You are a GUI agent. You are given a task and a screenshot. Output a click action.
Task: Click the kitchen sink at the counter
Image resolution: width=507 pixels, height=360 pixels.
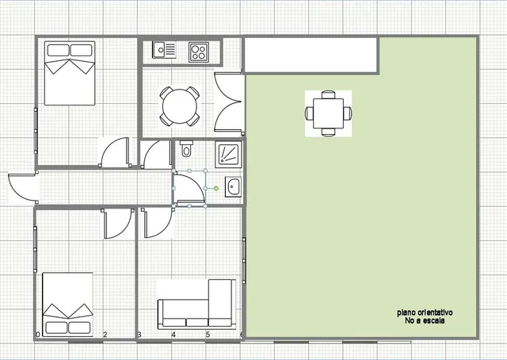coord(164,49)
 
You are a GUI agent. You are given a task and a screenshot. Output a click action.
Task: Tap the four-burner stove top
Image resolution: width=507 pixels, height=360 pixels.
coord(199,52)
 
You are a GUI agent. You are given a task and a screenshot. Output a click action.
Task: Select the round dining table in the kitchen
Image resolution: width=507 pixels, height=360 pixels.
coord(180,106)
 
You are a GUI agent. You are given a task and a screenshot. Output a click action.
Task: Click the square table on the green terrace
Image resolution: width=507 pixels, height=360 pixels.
coord(328,113)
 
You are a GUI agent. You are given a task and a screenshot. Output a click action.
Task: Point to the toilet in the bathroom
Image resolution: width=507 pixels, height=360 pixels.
coord(186,148)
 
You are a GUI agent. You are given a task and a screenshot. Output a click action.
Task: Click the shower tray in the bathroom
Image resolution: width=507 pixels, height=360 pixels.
coord(229,155)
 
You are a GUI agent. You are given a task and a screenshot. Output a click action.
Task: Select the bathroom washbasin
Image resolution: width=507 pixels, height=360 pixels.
coord(233,187)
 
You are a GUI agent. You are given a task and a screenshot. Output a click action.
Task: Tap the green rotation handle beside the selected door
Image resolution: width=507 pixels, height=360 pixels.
coord(216,188)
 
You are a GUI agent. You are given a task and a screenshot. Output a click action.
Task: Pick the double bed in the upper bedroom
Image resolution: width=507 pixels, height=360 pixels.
coord(70,73)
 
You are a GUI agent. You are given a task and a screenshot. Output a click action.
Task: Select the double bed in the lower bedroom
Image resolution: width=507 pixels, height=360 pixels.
coord(67,304)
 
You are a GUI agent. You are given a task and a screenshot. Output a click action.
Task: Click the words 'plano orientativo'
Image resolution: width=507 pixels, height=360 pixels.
coord(425,312)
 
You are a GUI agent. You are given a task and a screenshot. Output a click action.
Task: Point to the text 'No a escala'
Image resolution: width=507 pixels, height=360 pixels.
coord(425,321)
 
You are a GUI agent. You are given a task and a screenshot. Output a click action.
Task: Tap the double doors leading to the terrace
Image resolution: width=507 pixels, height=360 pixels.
coord(228,102)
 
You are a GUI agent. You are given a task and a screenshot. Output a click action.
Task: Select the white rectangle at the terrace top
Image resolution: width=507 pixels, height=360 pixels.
coord(311,56)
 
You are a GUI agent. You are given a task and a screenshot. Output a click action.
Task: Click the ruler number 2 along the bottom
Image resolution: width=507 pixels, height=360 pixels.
coord(105,335)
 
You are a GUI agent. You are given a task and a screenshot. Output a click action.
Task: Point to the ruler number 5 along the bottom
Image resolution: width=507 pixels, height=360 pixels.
coord(208,335)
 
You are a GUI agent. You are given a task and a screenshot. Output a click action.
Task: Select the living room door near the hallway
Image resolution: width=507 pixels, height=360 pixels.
coord(158,223)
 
